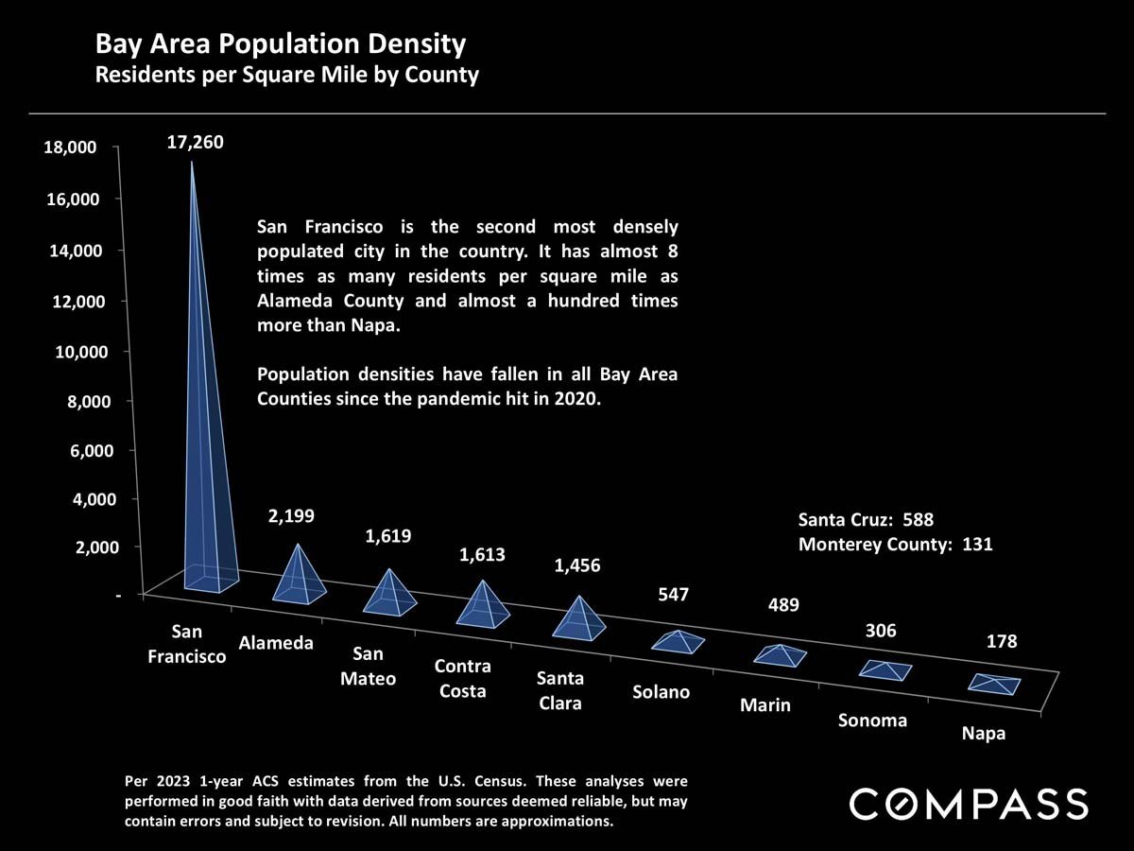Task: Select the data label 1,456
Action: (x=576, y=565)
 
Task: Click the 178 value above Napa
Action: (x=1002, y=642)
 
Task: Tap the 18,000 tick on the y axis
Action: (x=68, y=148)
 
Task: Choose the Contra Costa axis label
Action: (x=462, y=679)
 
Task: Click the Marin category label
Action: (x=765, y=705)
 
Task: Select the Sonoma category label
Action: (x=872, y=721)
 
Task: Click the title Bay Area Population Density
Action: (x=280, y=43)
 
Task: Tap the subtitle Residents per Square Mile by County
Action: (x=286, y=75)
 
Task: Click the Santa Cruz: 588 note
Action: (x=866, y=519)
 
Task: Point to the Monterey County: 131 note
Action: (x=895, y=545)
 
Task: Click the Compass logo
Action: (x=969, y=805)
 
